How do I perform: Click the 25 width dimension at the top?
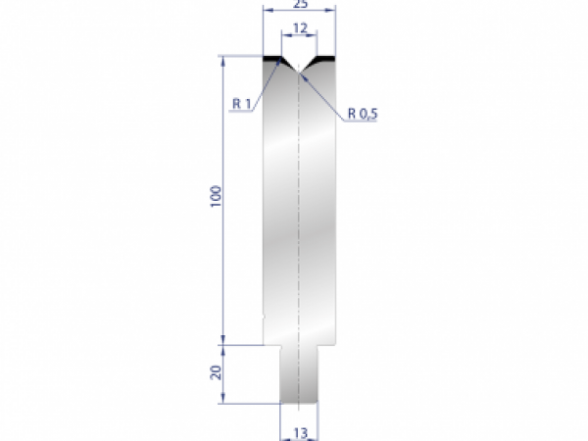300,4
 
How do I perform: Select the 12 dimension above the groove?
300,27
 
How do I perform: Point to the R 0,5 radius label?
361,114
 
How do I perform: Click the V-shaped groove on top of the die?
299,64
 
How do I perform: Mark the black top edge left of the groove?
271,59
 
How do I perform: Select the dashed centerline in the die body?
299,216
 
